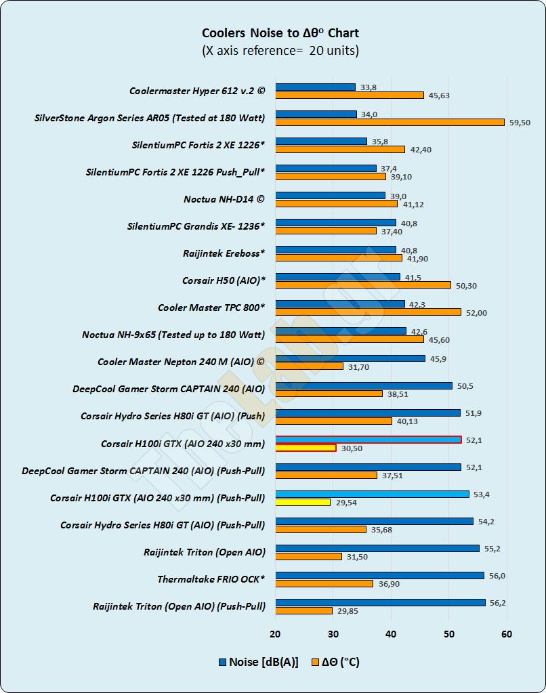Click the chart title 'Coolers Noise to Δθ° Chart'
click(280, 33)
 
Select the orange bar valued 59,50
click(390, 122)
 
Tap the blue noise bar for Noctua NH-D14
click(330, 195)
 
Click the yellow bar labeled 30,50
click(306, 448)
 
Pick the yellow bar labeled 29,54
click(303, 502)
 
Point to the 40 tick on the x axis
click(391, 634)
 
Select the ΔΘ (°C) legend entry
click(335, 662)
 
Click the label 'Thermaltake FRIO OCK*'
click(211, 579)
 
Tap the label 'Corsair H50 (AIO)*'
click(224, 280)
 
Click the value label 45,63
click(439, 96)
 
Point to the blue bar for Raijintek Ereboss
click(336, 249)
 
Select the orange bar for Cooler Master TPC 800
click(368, 312)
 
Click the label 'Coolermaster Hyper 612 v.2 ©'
click(197, 90)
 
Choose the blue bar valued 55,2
click(377, 548)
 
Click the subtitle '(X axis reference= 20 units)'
click(280, 51)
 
